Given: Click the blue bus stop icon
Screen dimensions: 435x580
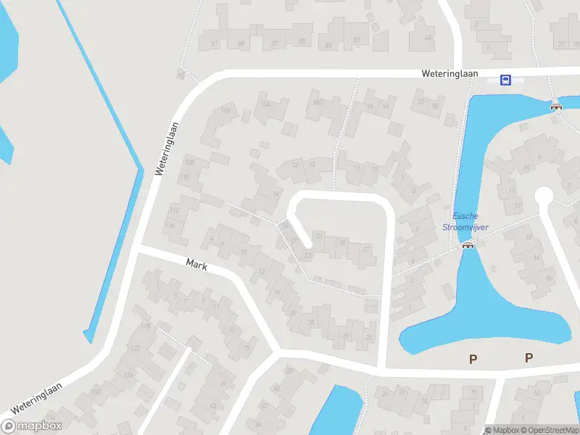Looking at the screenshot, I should click(x=506, y=80).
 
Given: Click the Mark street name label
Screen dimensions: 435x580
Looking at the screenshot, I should click(x=196, y=265).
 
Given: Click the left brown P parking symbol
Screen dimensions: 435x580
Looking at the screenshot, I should click(x=473, y=357).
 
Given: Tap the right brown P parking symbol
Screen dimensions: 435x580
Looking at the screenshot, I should click(x=529, y=357).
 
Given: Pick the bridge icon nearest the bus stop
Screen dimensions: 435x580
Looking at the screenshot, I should click(x=556, y=106).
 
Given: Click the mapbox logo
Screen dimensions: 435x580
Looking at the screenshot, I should click(x=32, y=426).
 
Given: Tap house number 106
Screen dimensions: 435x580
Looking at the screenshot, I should click(x=225, y=110).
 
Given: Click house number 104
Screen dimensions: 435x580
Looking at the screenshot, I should click(x=265, y=104).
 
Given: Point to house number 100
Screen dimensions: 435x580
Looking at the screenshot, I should click(x=316, y=102).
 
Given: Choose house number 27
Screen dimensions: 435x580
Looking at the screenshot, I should click(x=366, y=249).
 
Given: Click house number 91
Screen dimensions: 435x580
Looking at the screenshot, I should click(x=215, y=44).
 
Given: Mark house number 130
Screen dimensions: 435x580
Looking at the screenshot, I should click(x=97, y=392).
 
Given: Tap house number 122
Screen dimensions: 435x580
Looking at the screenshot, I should click(x=135, y=349).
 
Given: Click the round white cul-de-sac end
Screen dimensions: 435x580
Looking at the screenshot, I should click(x=543, y=196).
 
